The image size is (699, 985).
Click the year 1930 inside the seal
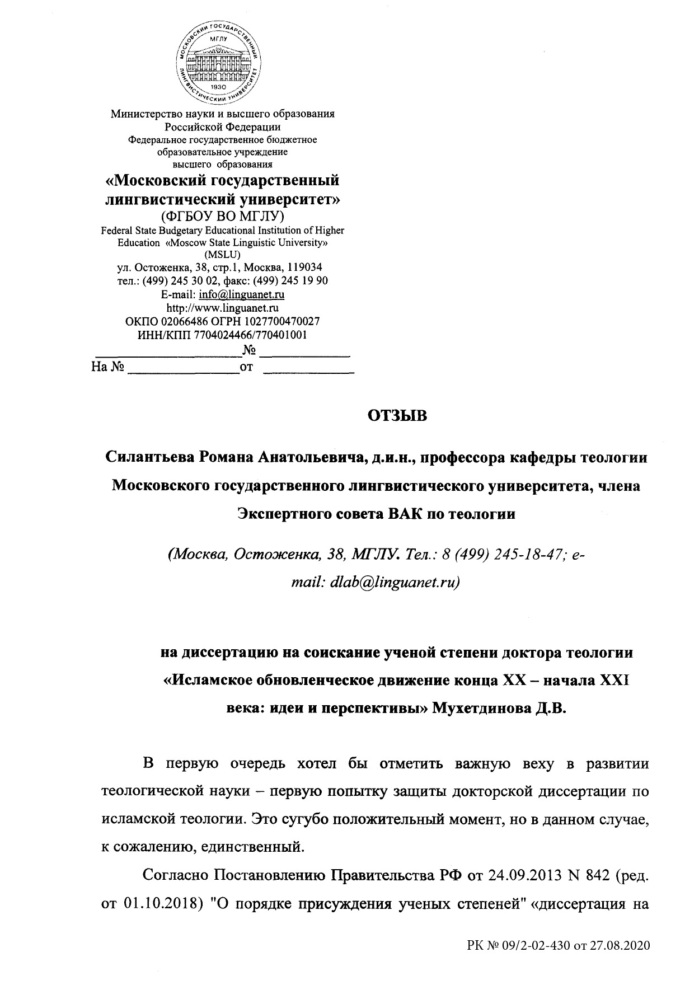(219, 87)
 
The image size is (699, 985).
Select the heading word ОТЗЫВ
(397, 416)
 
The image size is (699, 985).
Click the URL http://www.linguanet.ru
(223, 307)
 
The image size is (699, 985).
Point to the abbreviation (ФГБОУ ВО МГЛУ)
(222, 215)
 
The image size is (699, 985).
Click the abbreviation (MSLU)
(223, 255)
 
